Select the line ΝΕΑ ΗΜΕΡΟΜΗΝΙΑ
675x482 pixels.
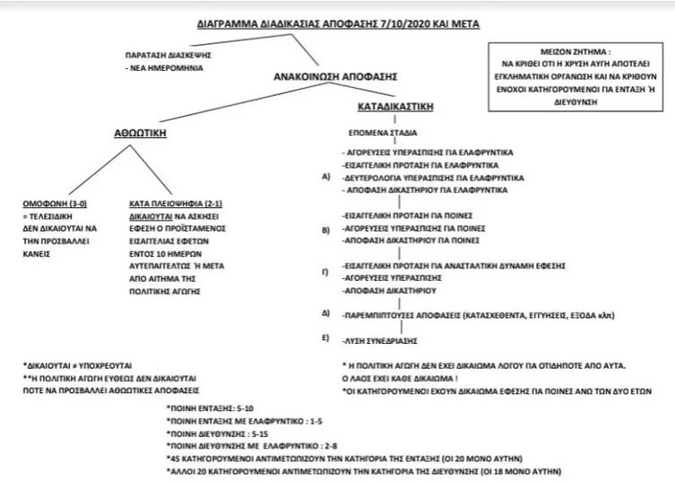pyautogui.click(x=165, y=66)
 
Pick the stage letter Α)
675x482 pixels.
pyautogui.click(x=325, y=178)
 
